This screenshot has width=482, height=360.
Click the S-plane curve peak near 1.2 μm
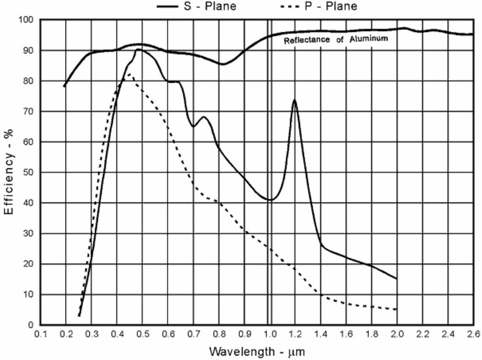click(295, 100)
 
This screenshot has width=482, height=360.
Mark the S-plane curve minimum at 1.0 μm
click(270, 200)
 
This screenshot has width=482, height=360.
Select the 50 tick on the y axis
click(29, 173)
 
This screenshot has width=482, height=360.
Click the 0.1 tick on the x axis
click(40, 333)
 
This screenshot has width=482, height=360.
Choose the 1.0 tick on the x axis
click(270, 333)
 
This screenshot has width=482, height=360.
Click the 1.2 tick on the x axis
click(295, 333)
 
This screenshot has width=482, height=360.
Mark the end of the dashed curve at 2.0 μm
click(396, 309)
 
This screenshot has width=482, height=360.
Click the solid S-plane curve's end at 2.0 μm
click(396, 279)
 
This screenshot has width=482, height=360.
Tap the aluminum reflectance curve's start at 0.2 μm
click(64, 86)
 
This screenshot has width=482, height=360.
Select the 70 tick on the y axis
click(29, 112)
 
